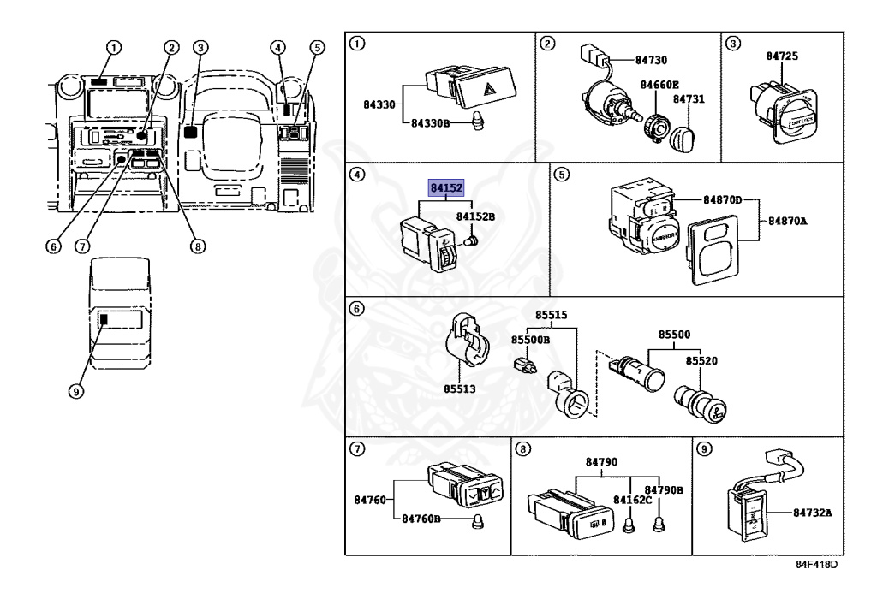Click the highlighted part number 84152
coord(446,187)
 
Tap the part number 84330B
coord(430,123)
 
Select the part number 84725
coord(782,56)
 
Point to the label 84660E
coord(659,85)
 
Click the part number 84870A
coord(788,222)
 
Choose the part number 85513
coord(460,389)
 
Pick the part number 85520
coord(701,361)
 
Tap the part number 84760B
coord(421,519)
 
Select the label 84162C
coord(632,500)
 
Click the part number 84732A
coord(812,513)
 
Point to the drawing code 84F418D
coord(816,564)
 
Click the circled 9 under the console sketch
coord(76,392)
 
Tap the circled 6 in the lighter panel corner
coord(357,308)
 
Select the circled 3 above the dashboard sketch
coord(200,47)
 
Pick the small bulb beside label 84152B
coord(470,240)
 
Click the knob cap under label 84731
coord(683,137)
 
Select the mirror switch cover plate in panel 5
coord(713,251)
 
